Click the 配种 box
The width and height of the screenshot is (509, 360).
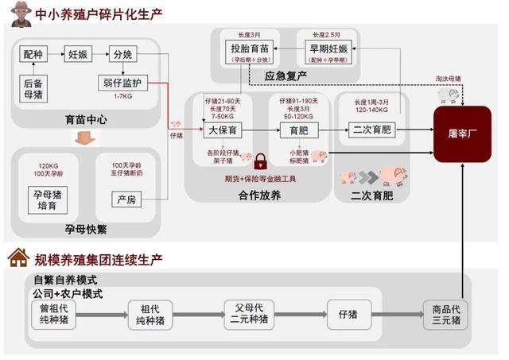pos(33,55)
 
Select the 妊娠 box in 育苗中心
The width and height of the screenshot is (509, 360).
pos(78,55)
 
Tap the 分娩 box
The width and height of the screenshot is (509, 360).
pos(122,55)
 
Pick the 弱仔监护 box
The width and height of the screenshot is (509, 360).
pos(122,82)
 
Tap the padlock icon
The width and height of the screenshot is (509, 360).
pos(260,163)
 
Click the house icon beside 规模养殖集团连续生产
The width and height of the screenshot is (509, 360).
pos(18,258)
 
